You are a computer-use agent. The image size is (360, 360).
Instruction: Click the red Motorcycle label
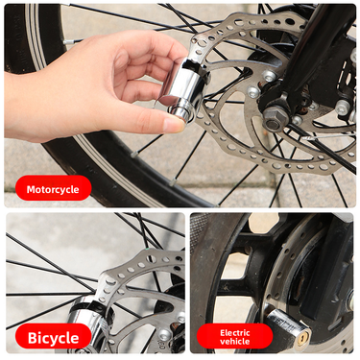(x=54, y=189)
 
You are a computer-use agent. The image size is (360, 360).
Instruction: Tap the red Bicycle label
(x=54, y=337)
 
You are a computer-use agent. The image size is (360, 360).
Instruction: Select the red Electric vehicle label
(x=235, y=336)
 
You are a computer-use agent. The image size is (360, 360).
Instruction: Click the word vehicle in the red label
(x=235, y=342)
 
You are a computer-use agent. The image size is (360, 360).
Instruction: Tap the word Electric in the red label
(x=235, y=330)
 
